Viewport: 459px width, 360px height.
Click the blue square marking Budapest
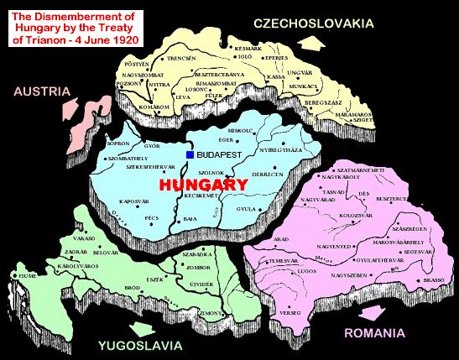tap(190, 155)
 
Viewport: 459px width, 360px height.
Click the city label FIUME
tap(18, 275)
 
